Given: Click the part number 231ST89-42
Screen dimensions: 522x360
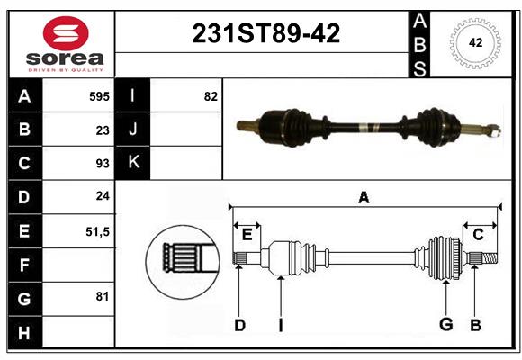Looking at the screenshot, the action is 266,33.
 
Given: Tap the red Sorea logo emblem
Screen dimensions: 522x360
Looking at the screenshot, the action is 66,33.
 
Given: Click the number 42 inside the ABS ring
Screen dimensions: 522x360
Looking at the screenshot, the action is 475,42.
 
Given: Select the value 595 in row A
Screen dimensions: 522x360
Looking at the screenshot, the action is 99,96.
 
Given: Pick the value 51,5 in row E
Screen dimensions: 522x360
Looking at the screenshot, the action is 97,232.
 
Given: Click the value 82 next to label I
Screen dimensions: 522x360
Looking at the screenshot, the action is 211,96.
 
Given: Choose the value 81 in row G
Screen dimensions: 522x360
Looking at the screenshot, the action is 103,296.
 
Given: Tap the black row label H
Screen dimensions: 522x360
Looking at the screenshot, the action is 25,332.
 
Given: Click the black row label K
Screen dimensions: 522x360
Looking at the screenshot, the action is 133,163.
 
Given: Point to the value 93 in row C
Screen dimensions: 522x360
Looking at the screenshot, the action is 103,164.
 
